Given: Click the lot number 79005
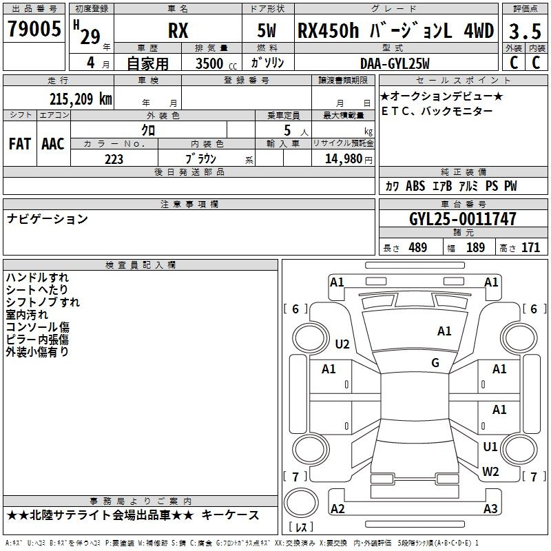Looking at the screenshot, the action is [34, 28].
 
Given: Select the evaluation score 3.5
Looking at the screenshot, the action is [525, 31].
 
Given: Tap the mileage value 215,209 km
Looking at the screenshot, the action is [81, 99].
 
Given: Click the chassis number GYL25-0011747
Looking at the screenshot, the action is [463, 219].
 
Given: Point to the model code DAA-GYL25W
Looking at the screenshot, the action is [395, 63].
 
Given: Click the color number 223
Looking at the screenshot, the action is [114, 159].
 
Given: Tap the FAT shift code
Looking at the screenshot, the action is [20, 144].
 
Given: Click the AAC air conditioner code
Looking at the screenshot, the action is [53, 144].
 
